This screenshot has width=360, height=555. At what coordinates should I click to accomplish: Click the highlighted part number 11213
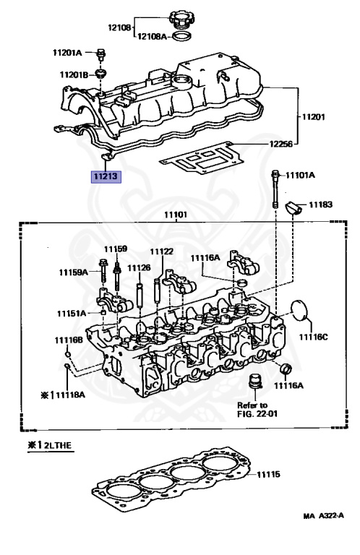click(106, 176)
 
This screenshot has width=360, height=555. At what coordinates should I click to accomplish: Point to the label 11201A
click(67, 53)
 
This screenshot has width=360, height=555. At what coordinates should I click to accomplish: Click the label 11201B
click(74, 74)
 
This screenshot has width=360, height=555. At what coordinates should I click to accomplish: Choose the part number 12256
click(280, 144)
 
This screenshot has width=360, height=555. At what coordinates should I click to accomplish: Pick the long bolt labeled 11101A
click(275, 189)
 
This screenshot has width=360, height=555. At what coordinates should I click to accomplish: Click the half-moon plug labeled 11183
click(293, 207)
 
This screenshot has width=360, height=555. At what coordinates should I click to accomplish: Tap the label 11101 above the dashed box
click(176, 215)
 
